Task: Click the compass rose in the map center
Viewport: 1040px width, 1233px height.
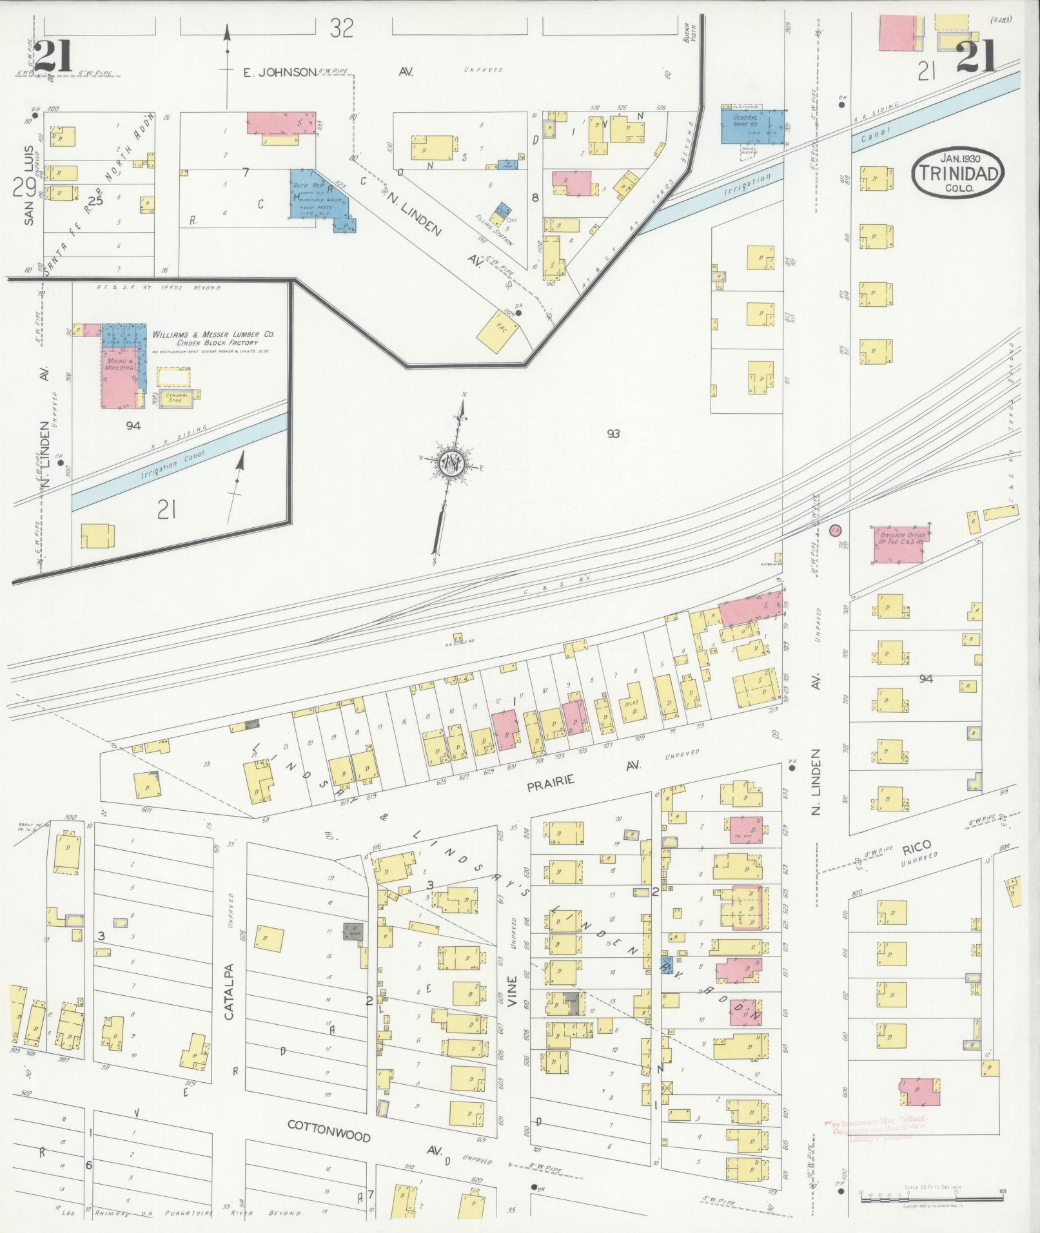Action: [x=455, y=464]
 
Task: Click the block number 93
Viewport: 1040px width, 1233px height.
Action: [x=612, y=434]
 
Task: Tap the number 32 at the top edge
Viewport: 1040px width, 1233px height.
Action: [x=342, y=28]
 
